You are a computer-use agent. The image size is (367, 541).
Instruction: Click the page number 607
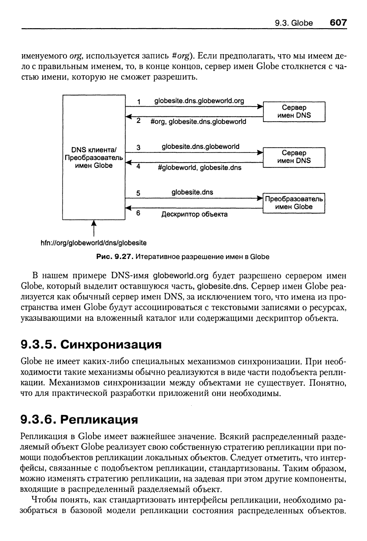coord(338,22)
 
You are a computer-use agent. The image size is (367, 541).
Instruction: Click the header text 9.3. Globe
coord(293,23)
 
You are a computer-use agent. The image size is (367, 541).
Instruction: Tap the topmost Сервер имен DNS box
coord(293,111)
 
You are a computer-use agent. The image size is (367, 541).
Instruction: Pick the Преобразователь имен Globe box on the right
coord(293,203)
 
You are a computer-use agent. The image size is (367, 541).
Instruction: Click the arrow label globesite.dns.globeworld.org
coord(199,100)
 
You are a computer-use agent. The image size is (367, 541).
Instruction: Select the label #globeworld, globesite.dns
coord(199,167)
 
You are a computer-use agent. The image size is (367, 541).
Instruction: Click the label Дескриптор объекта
coord(194,215)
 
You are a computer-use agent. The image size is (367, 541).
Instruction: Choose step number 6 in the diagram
coord(138,213)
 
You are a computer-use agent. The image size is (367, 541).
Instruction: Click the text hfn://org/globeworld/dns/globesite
coord(93,242)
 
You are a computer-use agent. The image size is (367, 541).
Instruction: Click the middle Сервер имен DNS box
coord(293,157)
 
